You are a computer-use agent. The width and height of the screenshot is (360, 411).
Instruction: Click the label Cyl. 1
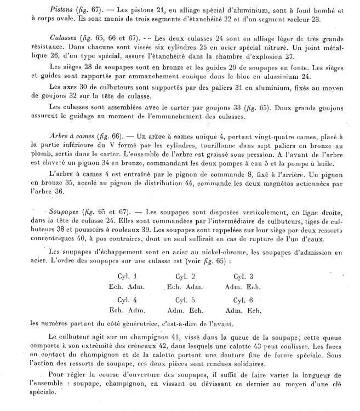point(128,276)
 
